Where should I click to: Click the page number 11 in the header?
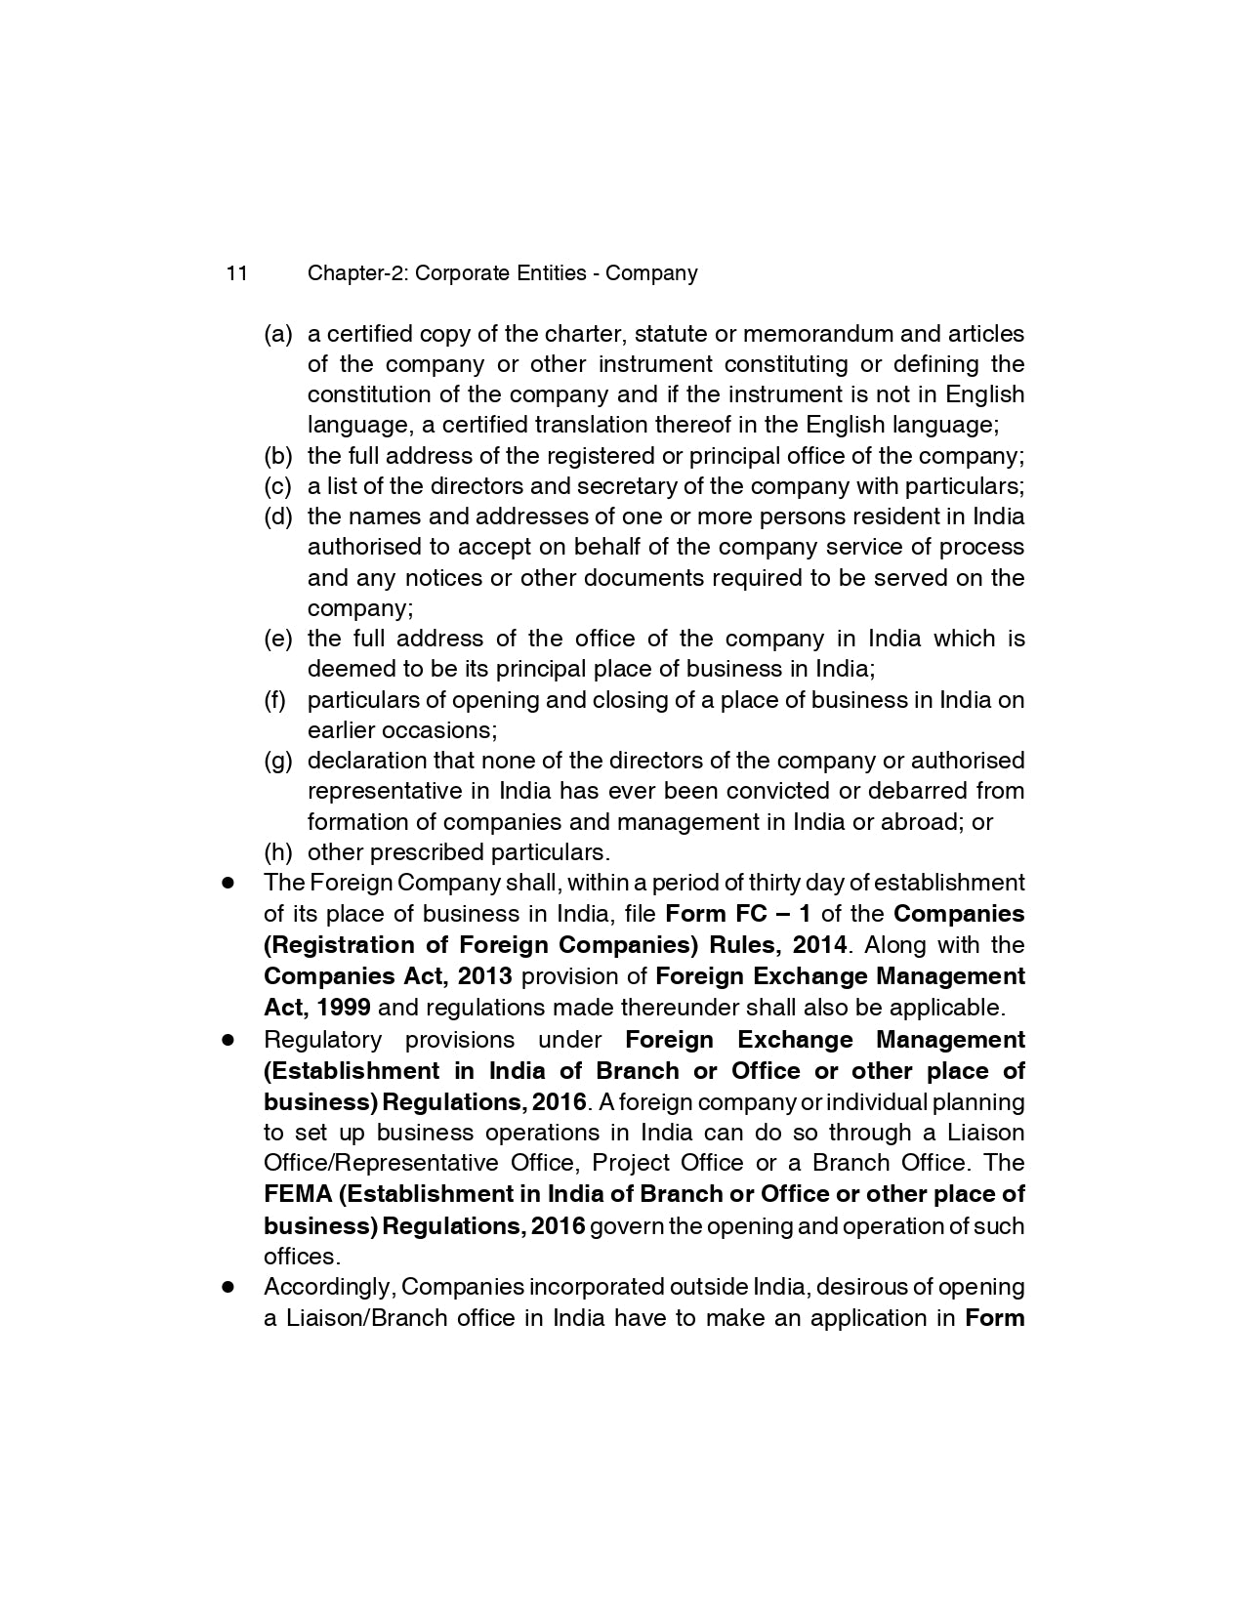coord(236,273)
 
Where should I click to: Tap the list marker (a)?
coord(278,334)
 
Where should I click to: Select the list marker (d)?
coord(278,516)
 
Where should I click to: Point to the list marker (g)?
coord(278,761)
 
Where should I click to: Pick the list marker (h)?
coord(278,852)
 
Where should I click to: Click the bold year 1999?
coord(343,1008)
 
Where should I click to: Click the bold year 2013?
coord(484,976)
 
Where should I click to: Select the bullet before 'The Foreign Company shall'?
coord(228,883)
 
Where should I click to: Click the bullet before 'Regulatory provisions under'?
coord(228,1040)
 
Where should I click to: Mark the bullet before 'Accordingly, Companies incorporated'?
coord(228,1287)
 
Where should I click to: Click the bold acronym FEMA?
coord(297,1194)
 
